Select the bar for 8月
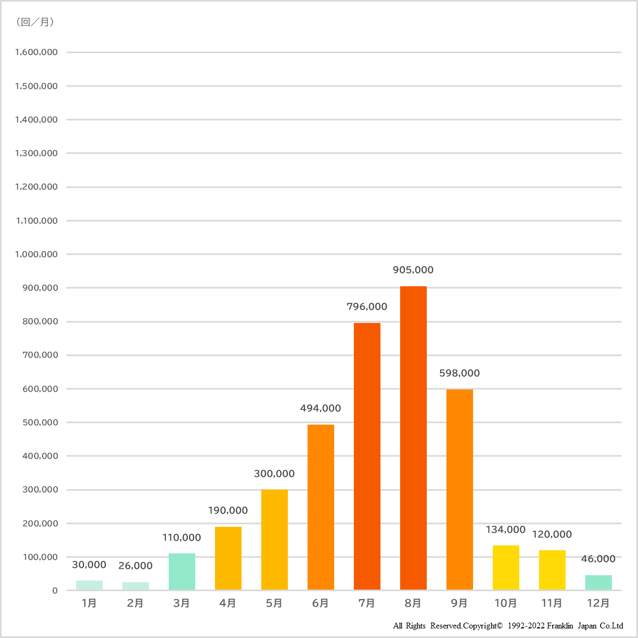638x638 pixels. pos(413,438)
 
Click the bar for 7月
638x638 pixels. pos(367,456)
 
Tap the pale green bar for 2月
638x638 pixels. pos(136,586)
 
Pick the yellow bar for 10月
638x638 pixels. pos(506,567)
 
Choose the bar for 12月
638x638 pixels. pos(598,582)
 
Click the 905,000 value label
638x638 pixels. pos(413,270)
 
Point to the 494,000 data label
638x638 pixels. pos(320,409)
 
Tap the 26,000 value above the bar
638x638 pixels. pos(136,566)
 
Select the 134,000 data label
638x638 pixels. pos(506,530)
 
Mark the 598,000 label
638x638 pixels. pos(459,374)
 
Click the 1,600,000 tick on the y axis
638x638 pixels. pos(36,52)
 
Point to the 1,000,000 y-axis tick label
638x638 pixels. pos(36,254)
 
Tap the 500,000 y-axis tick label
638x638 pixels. pos(40,422)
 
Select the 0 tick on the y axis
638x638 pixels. pos(55,591)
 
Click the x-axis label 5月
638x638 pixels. pos(274,603)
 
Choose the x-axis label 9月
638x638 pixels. pos(459,603)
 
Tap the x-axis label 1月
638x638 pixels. pos(89,603)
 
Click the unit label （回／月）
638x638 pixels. pos(35,22)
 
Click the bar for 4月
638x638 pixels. pos(228,558)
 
